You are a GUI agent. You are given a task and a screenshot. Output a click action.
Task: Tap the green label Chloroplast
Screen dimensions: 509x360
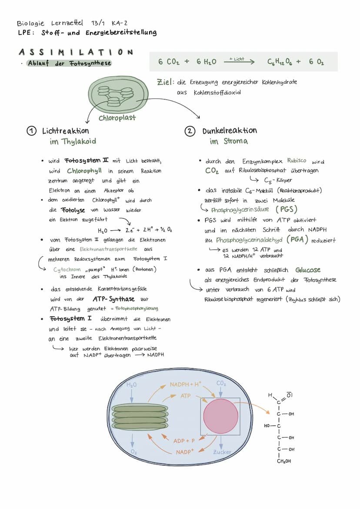pyautogui.click(x=117, y=118)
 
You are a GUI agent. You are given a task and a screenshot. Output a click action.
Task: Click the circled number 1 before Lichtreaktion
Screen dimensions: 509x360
pyautogui.click(x=31, y=131)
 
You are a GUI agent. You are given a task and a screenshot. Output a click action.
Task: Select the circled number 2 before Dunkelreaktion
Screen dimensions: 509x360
pyautogui.click(x=190, y=131)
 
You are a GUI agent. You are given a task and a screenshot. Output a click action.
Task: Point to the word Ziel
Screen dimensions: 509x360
pyautogui.click(x=166, y=82)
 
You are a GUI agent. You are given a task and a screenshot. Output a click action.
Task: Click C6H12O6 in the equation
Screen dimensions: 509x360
pyautogui.click(x=280, y=62)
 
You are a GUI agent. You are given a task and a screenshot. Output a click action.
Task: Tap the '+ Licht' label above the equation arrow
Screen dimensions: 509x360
pyautogui.click(x=237, y=59)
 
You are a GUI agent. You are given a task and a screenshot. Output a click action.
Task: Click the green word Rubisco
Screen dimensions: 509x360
pyautogui.click(x=297, y=161)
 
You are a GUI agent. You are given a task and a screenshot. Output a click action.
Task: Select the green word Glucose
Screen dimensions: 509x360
pyautogui.click(x=308, y=270)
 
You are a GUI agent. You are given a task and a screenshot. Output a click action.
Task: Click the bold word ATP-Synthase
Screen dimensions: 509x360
pyautogui.click(x=113, y=299)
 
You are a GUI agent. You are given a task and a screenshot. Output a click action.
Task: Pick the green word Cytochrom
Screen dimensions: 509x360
pyautogui.click(x=67, y=269)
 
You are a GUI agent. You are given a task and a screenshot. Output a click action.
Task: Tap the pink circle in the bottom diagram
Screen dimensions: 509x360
pyautogui.click(x=220, y=416)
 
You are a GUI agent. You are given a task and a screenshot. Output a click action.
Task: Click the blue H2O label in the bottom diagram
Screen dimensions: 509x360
pyautogui.click(x=131, y=385)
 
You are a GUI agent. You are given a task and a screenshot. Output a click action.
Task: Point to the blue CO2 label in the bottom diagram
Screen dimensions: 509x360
pyautogui.click(x=221, y=384)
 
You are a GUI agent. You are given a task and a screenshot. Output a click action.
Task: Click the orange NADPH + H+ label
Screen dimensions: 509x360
pyautogui.click(x=185, y=385)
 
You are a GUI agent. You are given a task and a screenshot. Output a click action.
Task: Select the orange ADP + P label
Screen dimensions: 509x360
pyautogui.click(x=184, y=441)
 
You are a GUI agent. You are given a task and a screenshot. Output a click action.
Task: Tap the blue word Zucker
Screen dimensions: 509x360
pyautogui.click(x=222, y=452)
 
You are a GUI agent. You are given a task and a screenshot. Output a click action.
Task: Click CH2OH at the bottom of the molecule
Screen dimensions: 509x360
pyautogui.click(x=284, y=461)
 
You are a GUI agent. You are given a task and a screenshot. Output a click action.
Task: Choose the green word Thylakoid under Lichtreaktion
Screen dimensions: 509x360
pyautogui.click(x=79, y=141)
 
